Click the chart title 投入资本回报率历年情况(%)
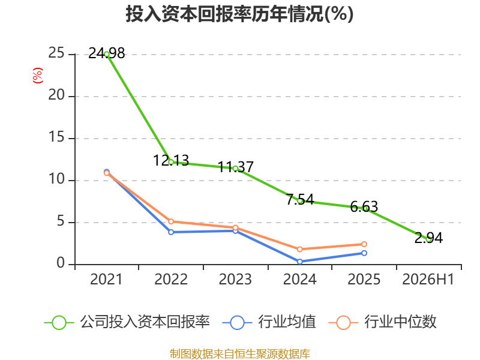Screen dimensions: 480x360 (x=239, y=14)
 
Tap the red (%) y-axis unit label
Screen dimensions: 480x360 (x=38, y=76)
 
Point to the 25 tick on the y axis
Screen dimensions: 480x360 (x=56, y=53)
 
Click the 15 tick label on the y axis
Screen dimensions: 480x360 (x=56, y=137)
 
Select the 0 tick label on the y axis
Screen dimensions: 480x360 (x=61, y=263)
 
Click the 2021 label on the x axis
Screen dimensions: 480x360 (x=106, y=279)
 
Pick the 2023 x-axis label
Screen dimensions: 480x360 (x=235, y=279)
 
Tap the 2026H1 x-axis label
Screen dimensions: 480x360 (x=428, y=279)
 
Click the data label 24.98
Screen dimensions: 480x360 (x=107, y=53)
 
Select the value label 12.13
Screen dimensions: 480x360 (x=171, y=161)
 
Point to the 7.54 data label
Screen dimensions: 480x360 (x=300, y=200)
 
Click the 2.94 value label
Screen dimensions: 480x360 (x=428, y=238)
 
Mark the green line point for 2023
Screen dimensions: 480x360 (x=235, y=169)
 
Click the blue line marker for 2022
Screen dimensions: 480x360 (x=171, y=232)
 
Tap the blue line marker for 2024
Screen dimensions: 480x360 (x=299, y=262)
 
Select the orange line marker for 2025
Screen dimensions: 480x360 (x=364, y=244)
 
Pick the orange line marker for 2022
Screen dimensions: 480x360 (x=171, y=221)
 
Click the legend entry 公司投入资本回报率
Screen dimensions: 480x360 (x=127, y=322)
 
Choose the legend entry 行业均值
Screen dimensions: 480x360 (x=269, y=322)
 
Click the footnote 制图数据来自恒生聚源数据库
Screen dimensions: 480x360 (x=240, y=354)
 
